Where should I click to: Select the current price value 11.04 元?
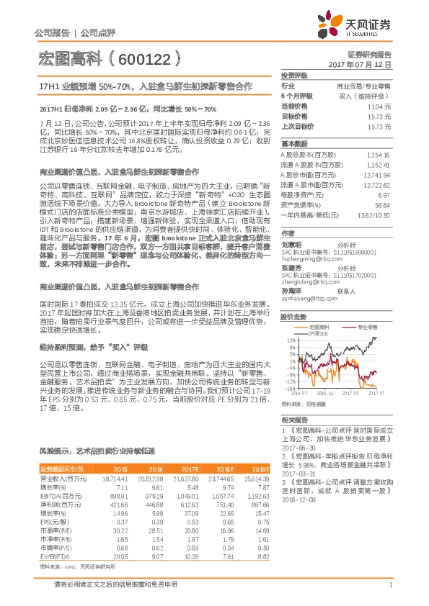[x=400, y=105]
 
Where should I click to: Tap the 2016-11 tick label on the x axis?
[x=327, y=394]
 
